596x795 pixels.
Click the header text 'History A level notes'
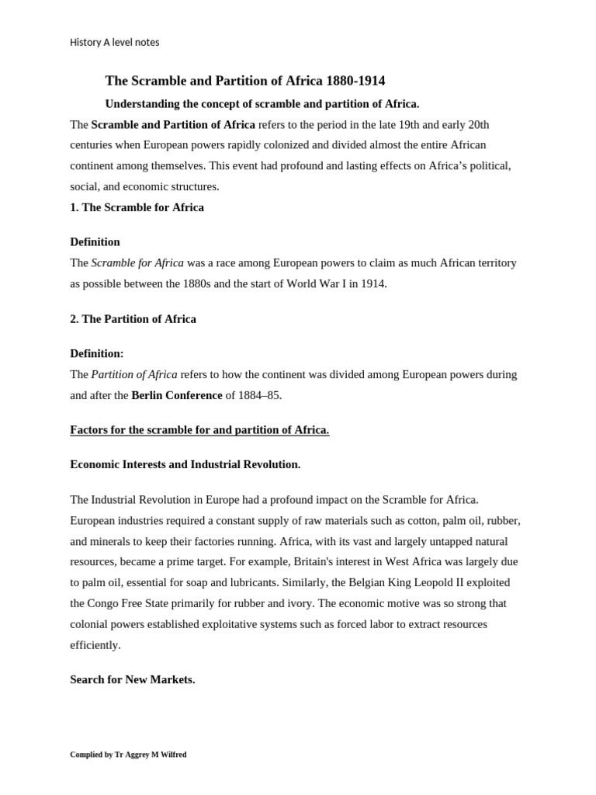coord(114,42)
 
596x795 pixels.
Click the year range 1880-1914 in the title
coord(355,81)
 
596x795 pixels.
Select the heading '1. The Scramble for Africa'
coord(137,207)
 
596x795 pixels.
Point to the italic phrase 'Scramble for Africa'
coord(137,262)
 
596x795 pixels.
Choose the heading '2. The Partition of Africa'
coord(133,319)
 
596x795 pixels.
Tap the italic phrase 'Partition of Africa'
coord(133,374)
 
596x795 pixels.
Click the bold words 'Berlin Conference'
coord(176,395)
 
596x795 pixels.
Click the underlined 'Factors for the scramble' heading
coord(199,430)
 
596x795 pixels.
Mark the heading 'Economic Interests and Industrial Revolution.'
coord(185,464)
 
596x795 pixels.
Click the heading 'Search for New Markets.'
coord(132,679)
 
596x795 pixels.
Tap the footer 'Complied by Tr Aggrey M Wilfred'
coord(128,755)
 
